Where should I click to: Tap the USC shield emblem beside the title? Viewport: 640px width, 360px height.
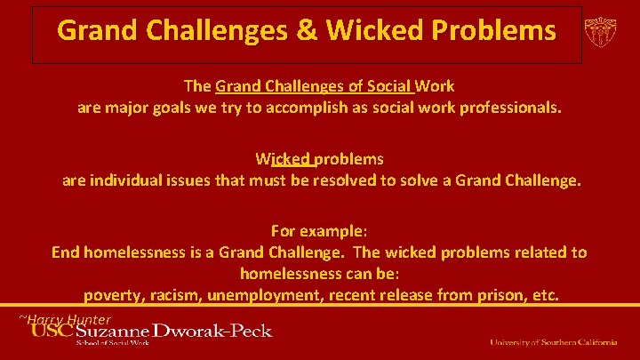click(x=602, y=33)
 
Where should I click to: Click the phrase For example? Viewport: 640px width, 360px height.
click(x=319, y=230)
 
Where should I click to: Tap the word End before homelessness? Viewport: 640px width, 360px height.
click(x=68, y=252)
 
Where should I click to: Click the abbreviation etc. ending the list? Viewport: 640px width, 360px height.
click(x=544, y=294)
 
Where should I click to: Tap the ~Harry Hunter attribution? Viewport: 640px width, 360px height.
click(x=66, y=319)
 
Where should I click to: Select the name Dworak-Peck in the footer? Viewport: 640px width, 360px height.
click(x=212, y=332)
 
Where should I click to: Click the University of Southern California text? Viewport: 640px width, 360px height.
click(x=553, y=342)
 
